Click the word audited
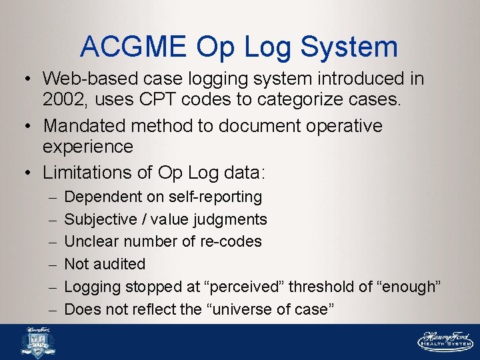click(119, 264)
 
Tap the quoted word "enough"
click(409, 287)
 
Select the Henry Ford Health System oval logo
click(445, 341)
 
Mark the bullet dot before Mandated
click(31, 125)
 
